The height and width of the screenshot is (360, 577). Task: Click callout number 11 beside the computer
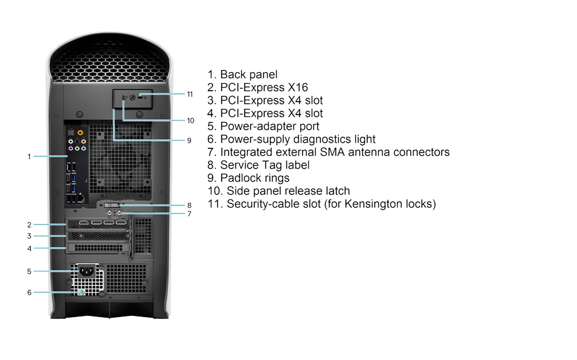pyautogui.click(x=190, y=94)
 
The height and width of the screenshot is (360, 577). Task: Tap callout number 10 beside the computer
pyautogui.click(x=190, y=120)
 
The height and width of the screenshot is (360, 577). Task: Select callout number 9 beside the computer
pyautogui.click(x=189, y=140)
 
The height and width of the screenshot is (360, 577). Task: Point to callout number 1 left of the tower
pyautogui.click(x=29, y=156)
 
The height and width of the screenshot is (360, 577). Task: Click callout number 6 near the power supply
pyautogui.click(x=29, y=292)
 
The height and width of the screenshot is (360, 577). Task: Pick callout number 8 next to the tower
pyautogui.click(x=189, y=205)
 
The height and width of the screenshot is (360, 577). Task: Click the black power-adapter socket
pyautogui.click(x=87, y=272)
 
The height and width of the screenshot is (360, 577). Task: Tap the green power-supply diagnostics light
pyautogui.click(x=81, y=292)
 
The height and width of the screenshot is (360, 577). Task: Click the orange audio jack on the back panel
pyautogui.click(x=80, y=132)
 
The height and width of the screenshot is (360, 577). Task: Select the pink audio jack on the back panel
pyautogui.click(x=70, y=148)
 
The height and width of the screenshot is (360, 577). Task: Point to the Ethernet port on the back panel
pyautogui.click(x=81, y=199)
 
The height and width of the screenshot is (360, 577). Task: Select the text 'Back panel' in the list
pyautogui.click(x=249, y=75)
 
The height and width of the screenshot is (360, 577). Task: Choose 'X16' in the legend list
pyautogui.click(x=298, y=88)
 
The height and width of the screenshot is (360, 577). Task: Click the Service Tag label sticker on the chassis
pyautogui.click(x=112, y=205)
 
